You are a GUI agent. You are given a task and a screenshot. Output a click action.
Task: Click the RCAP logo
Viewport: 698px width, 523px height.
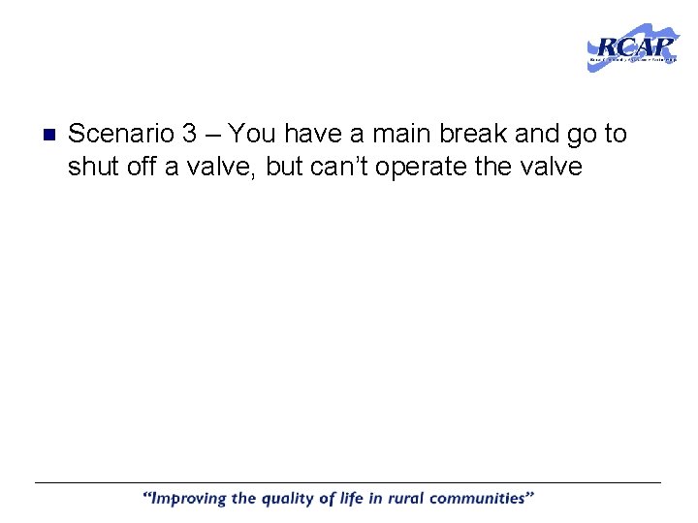(x=633, y=47)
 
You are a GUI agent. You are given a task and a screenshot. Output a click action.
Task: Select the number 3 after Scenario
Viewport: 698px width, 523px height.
(x=190, y=134)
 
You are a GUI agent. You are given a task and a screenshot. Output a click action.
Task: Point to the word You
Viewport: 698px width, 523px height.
(x=252, y=134)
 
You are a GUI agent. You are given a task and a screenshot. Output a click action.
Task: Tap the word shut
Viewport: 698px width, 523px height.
(x=92, y=167)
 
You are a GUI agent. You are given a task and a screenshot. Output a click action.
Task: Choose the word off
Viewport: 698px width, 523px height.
(x=142, y=167)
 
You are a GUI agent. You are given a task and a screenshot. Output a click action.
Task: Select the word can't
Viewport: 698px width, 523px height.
(x=339, y=167)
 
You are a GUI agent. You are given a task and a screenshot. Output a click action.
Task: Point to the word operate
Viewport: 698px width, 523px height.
(x=421, y=168)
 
